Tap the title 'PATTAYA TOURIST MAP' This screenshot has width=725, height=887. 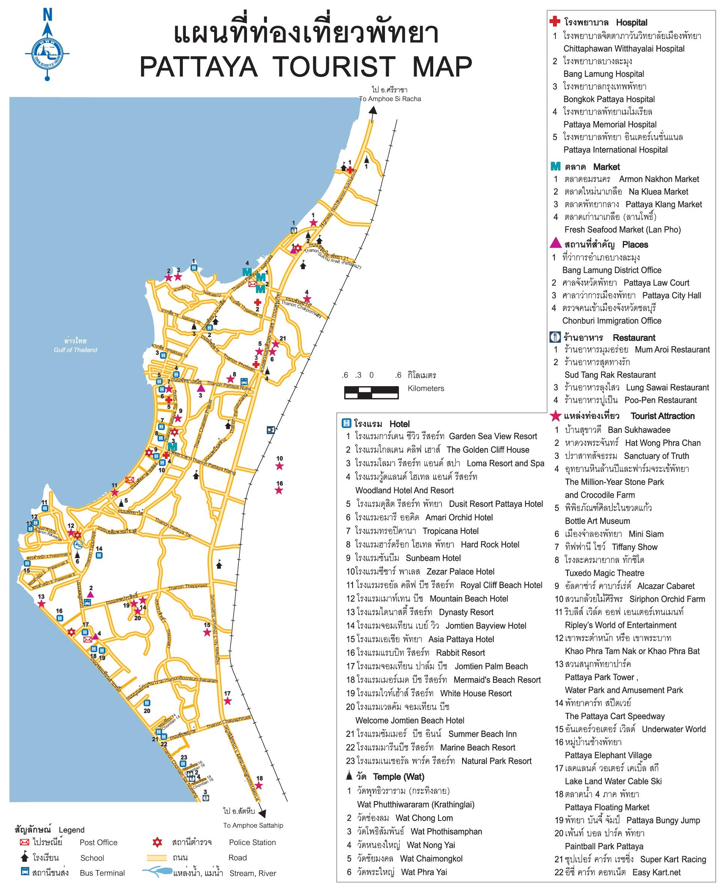pos(306,66)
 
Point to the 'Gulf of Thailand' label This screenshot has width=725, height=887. pos(75,350)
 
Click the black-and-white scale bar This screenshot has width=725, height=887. pos(371,393)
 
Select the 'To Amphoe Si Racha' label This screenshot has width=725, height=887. pos(390,99)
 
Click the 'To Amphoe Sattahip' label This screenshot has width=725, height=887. pos(253,825)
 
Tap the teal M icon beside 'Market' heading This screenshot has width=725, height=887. pos(555,167)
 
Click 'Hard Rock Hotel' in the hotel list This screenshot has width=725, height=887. pos(490,545)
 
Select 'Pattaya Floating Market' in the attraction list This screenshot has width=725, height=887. pos(607,807)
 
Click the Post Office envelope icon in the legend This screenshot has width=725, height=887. pos(25,842)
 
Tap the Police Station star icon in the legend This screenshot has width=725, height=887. pos(157,842)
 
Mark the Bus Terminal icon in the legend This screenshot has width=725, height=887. pos(25,872)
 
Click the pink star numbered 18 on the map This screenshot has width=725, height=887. pos(259,786)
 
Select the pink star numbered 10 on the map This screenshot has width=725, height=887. pos(279,466)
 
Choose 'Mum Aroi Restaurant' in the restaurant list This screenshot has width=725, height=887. pos(672,350)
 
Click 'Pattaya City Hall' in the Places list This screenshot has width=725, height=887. pos(671,295)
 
